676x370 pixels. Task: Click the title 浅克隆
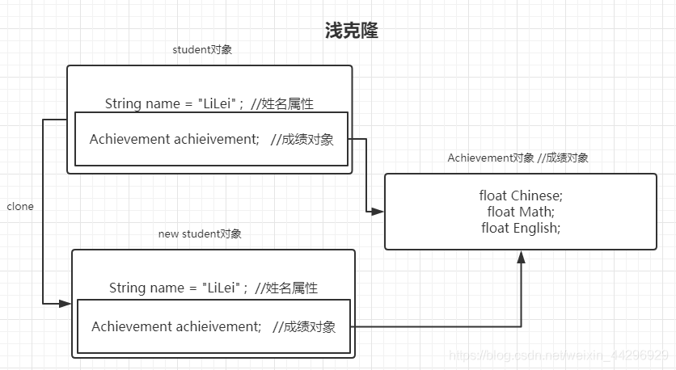351,31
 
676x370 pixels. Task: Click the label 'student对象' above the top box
203,50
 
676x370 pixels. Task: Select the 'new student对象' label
200,234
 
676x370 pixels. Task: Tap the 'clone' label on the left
20,206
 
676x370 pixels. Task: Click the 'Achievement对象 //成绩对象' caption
518,158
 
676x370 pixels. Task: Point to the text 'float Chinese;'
520,196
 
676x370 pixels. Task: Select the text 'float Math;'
520,212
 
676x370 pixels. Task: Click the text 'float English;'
520,228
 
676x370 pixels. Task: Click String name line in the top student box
209,103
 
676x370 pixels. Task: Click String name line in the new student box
213,288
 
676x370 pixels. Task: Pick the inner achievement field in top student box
211,139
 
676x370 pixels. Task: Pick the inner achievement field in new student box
213,326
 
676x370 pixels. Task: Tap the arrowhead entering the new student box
65,304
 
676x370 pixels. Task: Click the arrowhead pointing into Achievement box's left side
378,212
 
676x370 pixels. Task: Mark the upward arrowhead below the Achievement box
521,257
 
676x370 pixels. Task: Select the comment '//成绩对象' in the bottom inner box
304,326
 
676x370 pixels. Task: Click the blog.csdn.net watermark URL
558,355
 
